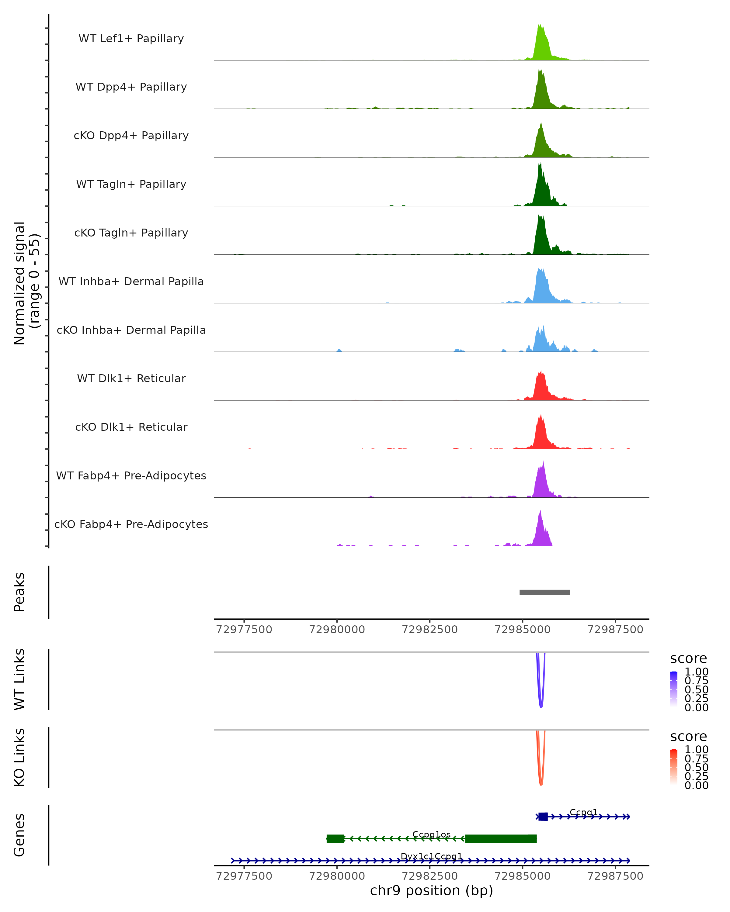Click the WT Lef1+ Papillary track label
pyautogui.click(x=131, y=39)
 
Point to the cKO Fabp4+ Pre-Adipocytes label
pyautogui.click(x=131, y=524)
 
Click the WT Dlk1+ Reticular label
pyautogui.click(x=131, y=378)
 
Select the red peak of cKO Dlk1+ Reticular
pyautogui.click(x=541, y=434)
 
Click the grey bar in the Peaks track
pyautogui.click(x=545, y=592)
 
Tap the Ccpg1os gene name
pyautogui.click(x=431, y=834)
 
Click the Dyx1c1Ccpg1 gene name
pyautogui.click(x=431, y=856)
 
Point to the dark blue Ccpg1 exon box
pyautogui.click(x=543, y=817)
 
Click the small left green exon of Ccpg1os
pyautogui.click(x=335, y=838)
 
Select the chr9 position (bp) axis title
pyautogui.click(x=431, y=890)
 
